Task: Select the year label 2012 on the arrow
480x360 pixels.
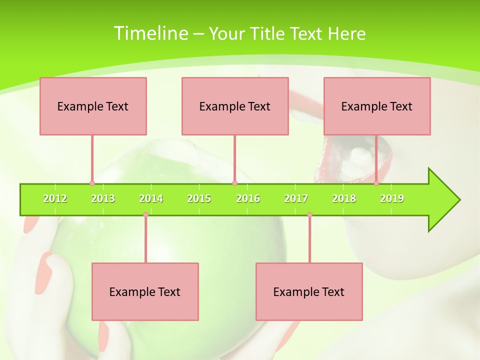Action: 55,198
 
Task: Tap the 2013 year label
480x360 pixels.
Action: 103,198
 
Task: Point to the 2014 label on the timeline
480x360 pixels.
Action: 151,198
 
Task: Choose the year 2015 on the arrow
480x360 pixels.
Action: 199,198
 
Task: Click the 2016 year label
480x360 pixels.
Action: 248,198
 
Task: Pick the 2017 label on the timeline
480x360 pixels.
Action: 296,198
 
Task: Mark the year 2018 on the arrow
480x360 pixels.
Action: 344,198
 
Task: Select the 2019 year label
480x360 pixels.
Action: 392,198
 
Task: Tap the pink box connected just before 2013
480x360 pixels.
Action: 93,106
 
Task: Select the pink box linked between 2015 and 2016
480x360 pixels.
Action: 235,106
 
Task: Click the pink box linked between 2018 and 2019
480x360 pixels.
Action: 377,106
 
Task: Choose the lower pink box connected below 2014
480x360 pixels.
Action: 145,291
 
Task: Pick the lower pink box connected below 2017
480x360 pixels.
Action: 309,291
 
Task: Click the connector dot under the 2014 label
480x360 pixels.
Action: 145,214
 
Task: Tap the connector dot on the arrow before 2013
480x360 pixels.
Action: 92,183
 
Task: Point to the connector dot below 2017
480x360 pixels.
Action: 309,214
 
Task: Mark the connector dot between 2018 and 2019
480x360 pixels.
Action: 376,183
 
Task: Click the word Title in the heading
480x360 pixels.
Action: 272,34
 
